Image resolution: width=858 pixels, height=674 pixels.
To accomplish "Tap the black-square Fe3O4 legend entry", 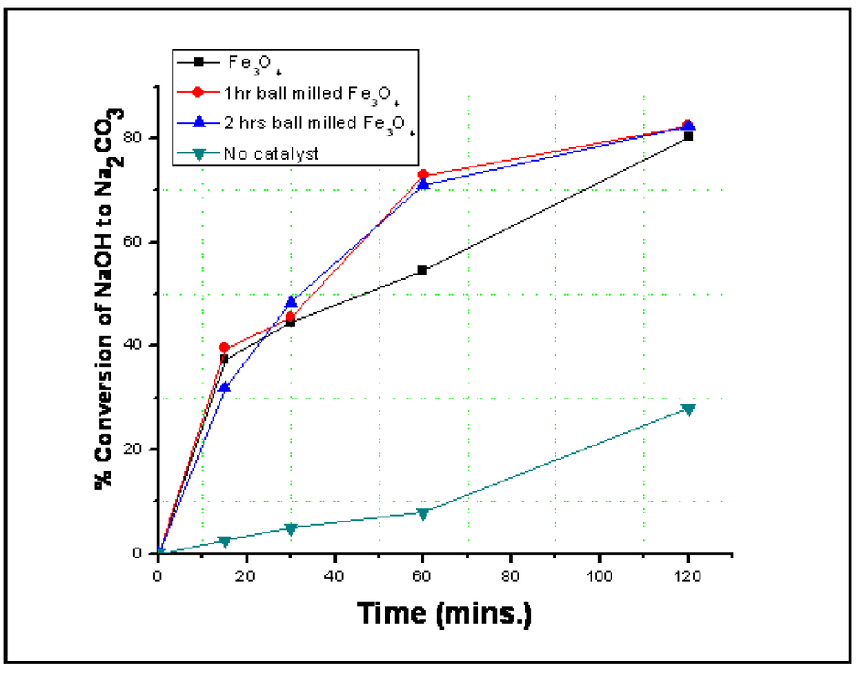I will (x=243, y=62).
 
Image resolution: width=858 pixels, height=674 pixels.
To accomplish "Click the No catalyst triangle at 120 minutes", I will (x=688, y=409).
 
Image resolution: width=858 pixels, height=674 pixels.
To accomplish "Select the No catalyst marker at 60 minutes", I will (x=423, y=513).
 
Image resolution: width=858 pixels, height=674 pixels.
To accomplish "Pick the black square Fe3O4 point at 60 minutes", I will (x=423, y=270).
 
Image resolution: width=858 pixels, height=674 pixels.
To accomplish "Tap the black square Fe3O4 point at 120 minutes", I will (x=688, y=136).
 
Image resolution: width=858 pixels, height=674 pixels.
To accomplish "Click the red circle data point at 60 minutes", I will (x=423, y=175).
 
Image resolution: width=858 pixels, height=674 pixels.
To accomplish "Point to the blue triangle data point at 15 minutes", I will (x=225, y=388).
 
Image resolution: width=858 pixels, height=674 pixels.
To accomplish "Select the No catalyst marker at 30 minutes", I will (x=291, y=528).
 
